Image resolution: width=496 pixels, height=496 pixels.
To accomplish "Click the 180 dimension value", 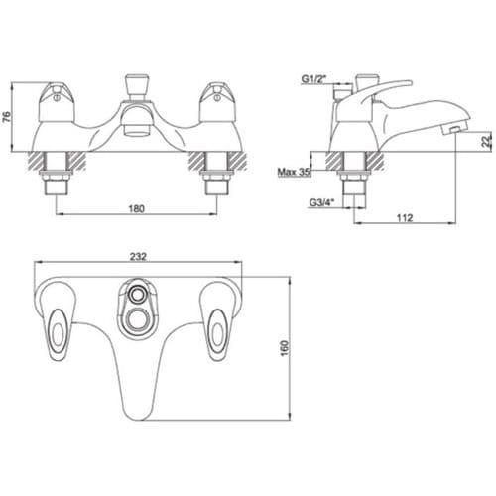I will [x=137, y=208].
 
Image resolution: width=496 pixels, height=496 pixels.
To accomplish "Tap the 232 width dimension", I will [x=138, y=256].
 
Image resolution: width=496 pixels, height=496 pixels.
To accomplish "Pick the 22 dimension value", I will [x=486, y=141].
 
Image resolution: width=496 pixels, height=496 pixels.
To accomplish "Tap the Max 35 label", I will [x=295, y=172].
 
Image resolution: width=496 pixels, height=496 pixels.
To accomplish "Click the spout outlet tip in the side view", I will [x=452, y=130].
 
